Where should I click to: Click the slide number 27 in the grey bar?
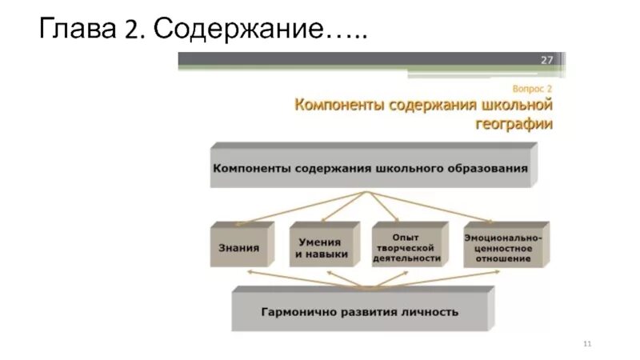coord(547,60)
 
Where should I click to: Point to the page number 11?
coord(587,343)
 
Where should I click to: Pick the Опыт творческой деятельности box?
coord(406,247)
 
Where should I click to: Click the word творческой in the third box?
coord(406,248)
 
